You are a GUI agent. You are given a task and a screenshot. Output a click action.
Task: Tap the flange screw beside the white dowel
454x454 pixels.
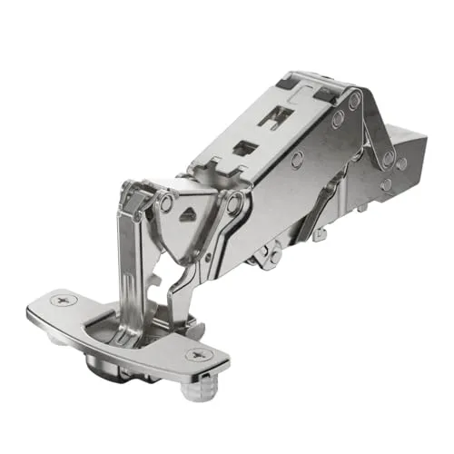(195, 354)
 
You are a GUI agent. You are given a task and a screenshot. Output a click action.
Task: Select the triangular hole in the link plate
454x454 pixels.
(189, 215)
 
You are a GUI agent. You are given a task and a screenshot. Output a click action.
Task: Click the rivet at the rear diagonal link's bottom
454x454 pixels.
(388, 160)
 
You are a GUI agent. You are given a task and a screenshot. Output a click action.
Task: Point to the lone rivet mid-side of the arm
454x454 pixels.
(297, 158)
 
